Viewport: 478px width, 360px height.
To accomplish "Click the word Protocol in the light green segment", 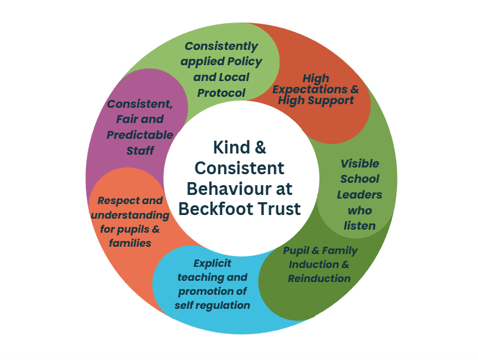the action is point(221,93).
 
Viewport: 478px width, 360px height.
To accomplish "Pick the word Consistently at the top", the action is point(221,47).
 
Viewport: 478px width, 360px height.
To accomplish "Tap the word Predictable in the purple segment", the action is point(140,135).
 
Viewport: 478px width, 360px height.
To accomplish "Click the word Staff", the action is point(140,150).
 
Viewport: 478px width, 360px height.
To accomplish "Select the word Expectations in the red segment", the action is point(310,90).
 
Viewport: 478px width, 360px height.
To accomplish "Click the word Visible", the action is point(360,163).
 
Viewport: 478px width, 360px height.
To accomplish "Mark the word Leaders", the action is point(359,195).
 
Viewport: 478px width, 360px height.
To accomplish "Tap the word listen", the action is point(360,226).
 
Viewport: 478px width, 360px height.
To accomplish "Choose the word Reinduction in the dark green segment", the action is point(319,278).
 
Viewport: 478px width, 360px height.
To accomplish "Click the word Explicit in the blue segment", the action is point(212,264).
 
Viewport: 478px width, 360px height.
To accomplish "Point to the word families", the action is point(130,243).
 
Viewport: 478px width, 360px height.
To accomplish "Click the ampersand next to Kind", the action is point(260,147).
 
